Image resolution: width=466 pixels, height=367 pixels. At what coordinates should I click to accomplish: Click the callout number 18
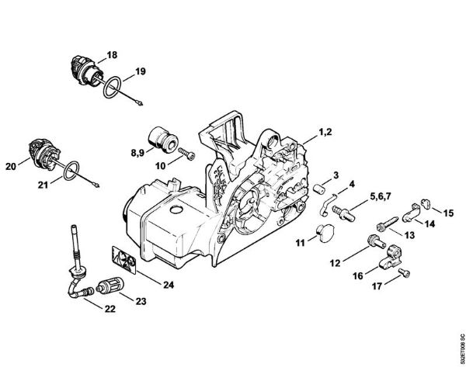(112, 54)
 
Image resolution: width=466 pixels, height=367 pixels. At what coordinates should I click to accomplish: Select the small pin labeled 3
(318, 190)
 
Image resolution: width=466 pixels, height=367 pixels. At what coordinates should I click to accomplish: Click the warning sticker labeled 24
(122, 256)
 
